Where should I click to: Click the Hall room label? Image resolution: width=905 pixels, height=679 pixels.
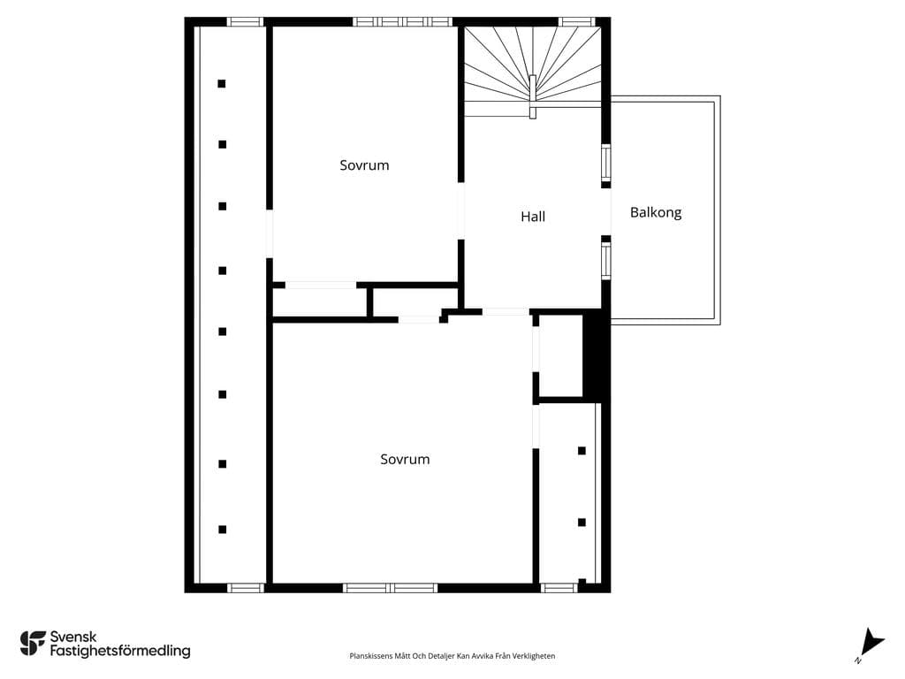(533, 217)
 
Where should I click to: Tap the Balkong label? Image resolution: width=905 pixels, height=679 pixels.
(656, 213)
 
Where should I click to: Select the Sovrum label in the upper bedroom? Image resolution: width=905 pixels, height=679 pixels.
(364, 165)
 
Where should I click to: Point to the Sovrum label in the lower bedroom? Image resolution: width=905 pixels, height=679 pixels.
(405, 459)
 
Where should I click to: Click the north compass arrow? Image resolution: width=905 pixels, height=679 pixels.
(871, 644)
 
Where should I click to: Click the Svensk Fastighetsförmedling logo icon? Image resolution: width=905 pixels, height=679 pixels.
(33, 644)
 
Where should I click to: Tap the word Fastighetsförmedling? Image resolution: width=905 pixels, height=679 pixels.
(120, 651)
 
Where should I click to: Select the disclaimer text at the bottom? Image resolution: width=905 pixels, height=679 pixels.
(452, 656)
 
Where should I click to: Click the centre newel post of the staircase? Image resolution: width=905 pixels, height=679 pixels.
(533, 96)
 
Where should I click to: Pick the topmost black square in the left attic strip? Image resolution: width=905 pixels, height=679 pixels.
(222, 84)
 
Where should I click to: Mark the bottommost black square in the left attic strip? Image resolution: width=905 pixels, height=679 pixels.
(222, 530)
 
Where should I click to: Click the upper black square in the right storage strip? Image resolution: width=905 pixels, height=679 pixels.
(582, 450)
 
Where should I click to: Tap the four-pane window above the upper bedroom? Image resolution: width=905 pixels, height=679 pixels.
(402, 22)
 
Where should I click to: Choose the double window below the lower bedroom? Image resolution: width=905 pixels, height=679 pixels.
(390, 588)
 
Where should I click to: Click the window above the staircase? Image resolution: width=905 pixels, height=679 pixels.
(577, 22)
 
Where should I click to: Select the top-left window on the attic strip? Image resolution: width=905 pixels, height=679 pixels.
(245, 22)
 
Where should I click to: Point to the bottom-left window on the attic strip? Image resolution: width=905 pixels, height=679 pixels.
(246, 588)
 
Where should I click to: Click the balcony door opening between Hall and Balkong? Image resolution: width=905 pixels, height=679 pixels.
(606, 212)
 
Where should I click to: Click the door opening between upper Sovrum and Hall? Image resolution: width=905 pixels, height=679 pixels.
(461, 210)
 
